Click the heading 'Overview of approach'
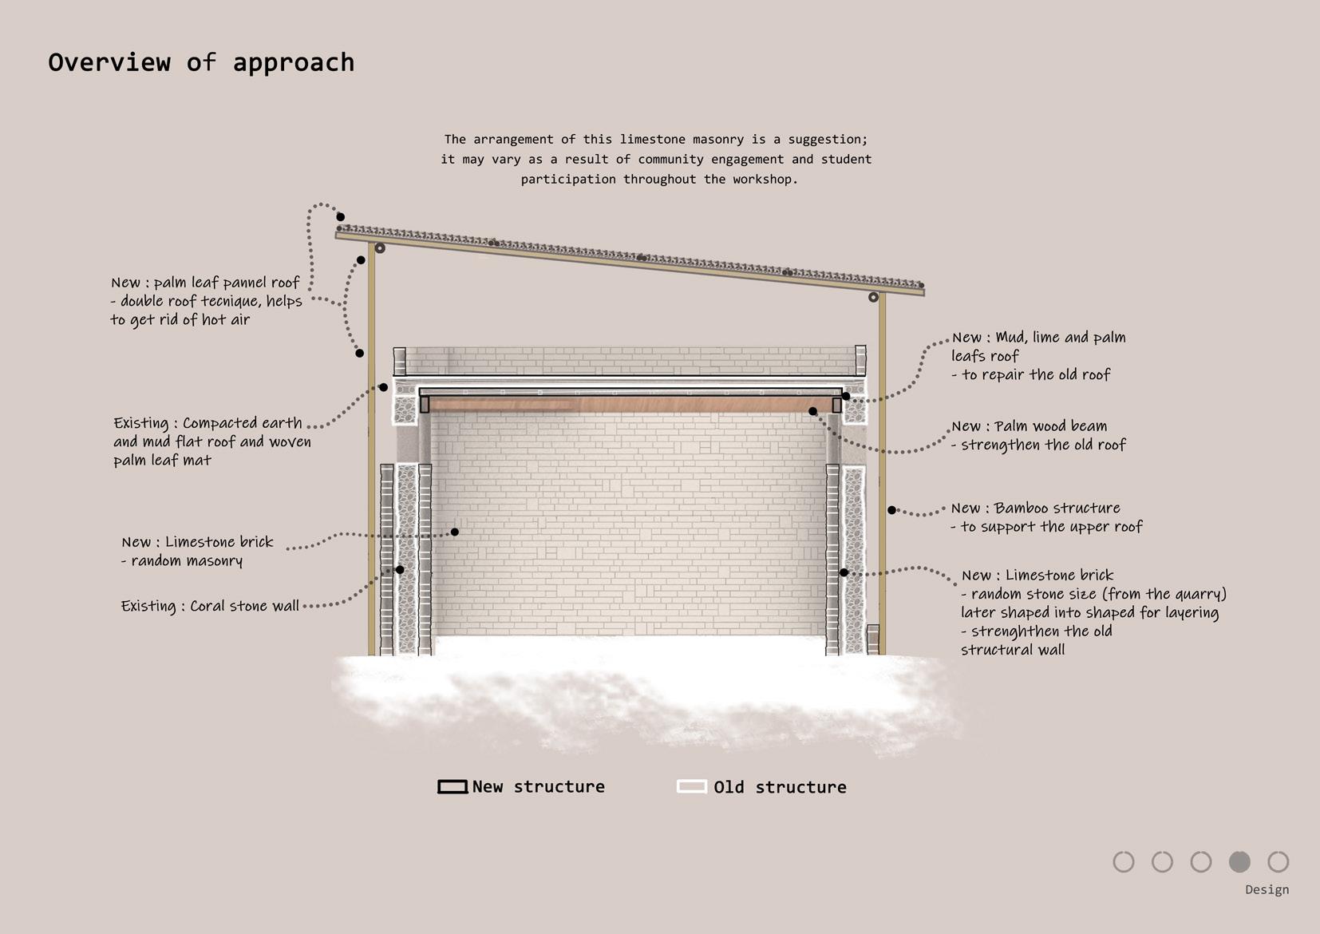click(x=201, y=62)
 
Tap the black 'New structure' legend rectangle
click(x=453, y=787)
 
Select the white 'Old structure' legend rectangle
click(x=692, y=787)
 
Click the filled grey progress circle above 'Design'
click(x=1239, y=861)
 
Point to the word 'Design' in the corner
click(x=1267, y=889)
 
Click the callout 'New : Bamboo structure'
click(x=1035, y=509)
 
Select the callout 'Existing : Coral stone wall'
click(x=210, y=606)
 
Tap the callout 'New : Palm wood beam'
click(x=1029, y=426)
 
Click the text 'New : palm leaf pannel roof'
click(x=205, y=283)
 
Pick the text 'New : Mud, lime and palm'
click(x=1038, y=338)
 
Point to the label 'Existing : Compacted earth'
click(x=207, y=423)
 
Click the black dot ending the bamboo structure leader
click(x=892, y=510)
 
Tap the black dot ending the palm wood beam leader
click(x=812, y=411)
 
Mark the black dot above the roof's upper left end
click(x=340, y=217)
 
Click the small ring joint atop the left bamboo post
click(x=380, y=248)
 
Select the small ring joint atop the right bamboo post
click(x=873, y=297)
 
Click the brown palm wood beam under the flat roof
click(x=630, y=406)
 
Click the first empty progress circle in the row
click(x=1124, y=861)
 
